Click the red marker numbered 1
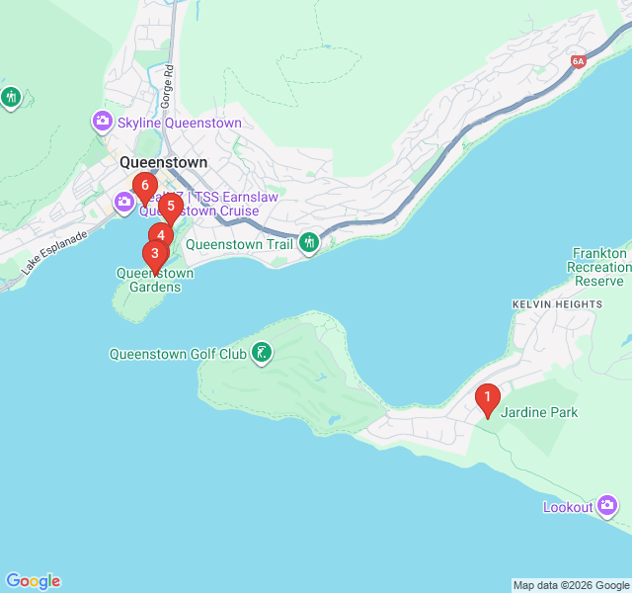[486, 398]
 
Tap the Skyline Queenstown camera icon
[102, 123]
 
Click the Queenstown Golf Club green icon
[261, 353]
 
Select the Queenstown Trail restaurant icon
[309, 243]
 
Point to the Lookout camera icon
[607, 507]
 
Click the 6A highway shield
[579, 61]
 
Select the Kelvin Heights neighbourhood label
[557, 304]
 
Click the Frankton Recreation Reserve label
[599, 267]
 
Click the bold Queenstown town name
[163, 162]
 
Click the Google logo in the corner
[33, 581]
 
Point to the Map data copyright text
[570, 585]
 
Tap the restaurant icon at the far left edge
[11, 98]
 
